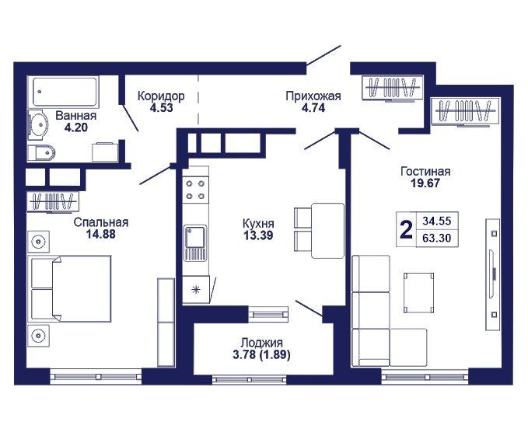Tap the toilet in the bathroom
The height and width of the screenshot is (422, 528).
coord(41,153)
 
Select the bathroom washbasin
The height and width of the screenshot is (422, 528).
coord(38,125)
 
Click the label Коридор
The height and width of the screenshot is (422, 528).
coord(161,96)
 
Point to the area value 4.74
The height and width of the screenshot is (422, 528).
coord(313,108)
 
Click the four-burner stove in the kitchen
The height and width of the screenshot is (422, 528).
coord(195,189)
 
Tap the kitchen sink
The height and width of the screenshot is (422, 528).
coord(195,243)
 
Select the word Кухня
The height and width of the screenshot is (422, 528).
coord(258,224)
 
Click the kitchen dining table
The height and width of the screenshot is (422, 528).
coord(327,231)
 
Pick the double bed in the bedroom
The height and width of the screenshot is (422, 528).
coord(71,288)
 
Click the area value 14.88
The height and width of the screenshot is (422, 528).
coord(100,234)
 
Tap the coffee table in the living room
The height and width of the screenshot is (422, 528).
coord(418,293)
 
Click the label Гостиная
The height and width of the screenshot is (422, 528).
coord(425,171)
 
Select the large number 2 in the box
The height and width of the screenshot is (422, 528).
coord(407,229)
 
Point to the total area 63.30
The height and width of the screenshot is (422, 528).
coord(437,239)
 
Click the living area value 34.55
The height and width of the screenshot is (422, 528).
coord(437,221)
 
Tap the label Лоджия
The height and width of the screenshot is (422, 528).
coord(261,343)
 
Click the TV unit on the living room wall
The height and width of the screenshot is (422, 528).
coord(493,274)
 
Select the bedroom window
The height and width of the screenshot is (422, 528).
coord(96,377)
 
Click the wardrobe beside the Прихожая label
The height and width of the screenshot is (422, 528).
coord(392,88)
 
